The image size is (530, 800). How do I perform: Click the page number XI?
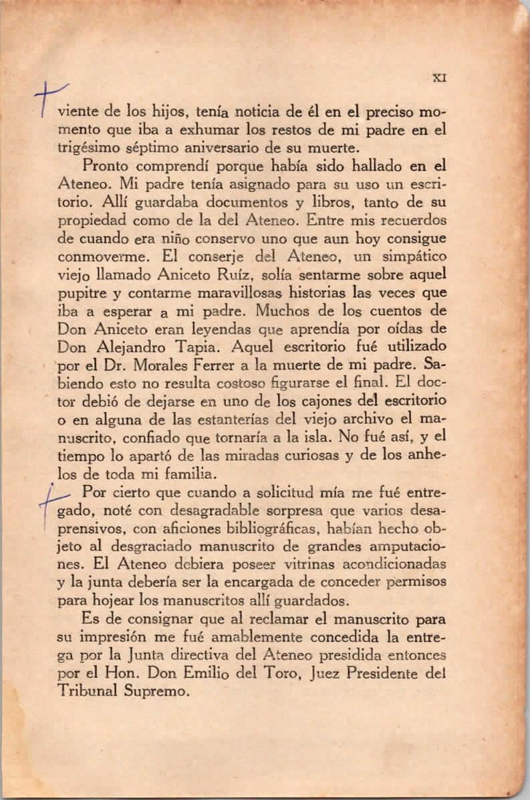point(440,77)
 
